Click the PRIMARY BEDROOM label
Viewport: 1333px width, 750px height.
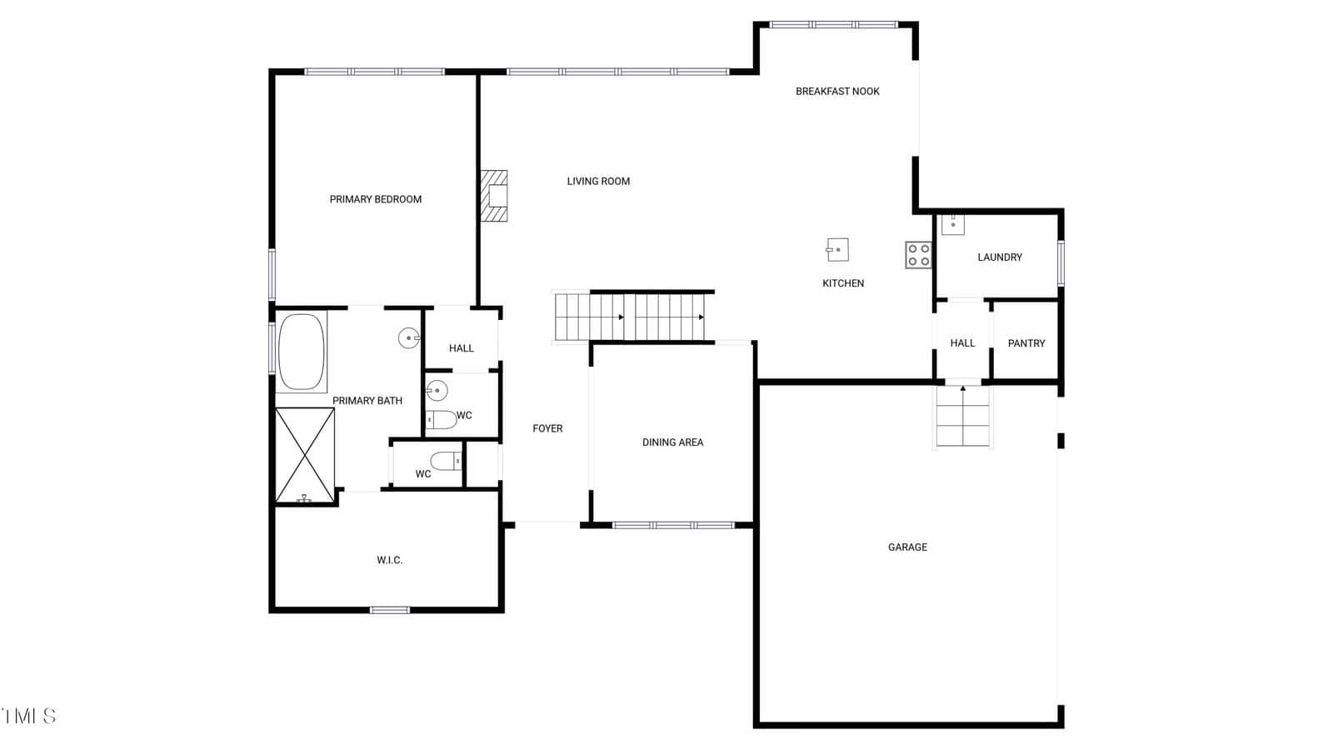376,199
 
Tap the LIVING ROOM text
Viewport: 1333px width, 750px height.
598,181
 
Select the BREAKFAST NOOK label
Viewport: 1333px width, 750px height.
837,91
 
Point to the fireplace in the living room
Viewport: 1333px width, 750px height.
494,196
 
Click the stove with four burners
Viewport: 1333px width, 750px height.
918,255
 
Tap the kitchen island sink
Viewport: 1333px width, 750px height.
837,249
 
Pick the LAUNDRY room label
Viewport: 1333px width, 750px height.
1000,257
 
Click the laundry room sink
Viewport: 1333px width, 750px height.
953,224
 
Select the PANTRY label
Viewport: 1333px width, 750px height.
1026,343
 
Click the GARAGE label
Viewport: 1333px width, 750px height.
907,547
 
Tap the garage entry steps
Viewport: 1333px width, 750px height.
963,416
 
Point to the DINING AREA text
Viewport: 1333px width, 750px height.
672,442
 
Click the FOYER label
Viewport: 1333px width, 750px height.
547,428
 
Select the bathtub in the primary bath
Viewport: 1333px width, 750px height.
302,352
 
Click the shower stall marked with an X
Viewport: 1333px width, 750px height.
305,455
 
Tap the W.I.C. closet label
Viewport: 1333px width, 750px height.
390,560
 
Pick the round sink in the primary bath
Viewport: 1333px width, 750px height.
409,338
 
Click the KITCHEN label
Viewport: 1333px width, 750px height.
843,283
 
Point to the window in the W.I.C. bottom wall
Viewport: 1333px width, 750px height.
390,610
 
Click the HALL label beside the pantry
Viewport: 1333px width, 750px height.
963,343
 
